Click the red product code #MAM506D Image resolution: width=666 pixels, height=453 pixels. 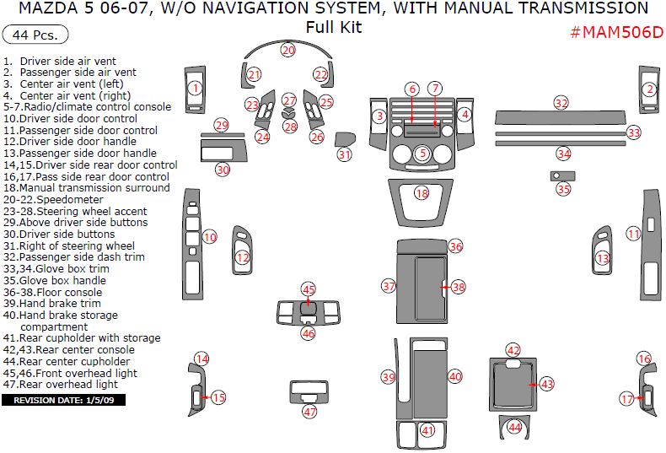(616, 33)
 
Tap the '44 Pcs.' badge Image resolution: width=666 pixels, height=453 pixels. (35, 35)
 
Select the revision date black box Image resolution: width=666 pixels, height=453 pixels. (63, 400)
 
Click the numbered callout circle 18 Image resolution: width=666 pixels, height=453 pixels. (422, 193)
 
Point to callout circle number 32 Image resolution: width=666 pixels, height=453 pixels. (561, 102)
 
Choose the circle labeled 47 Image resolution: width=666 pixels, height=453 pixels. (309, 412)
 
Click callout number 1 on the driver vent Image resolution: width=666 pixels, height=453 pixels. (195, 88)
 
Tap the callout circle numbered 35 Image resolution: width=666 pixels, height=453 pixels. (563, 189)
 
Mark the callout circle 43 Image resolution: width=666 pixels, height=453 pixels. (546, 384)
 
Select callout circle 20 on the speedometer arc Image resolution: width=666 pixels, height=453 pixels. (288, 51)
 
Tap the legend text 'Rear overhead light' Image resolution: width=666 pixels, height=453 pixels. (74, 384)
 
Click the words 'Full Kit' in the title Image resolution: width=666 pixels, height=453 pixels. (334, 27)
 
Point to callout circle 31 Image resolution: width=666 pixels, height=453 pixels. (344, 154)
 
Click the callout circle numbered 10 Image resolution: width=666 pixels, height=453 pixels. (210, 237)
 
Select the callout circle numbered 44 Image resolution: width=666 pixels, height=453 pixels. (514, 428)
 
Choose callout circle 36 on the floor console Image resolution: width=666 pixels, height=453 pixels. (455, 246)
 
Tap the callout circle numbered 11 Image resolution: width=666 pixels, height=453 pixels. (633, 232)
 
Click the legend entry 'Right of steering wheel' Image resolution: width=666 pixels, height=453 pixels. (68, 245)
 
